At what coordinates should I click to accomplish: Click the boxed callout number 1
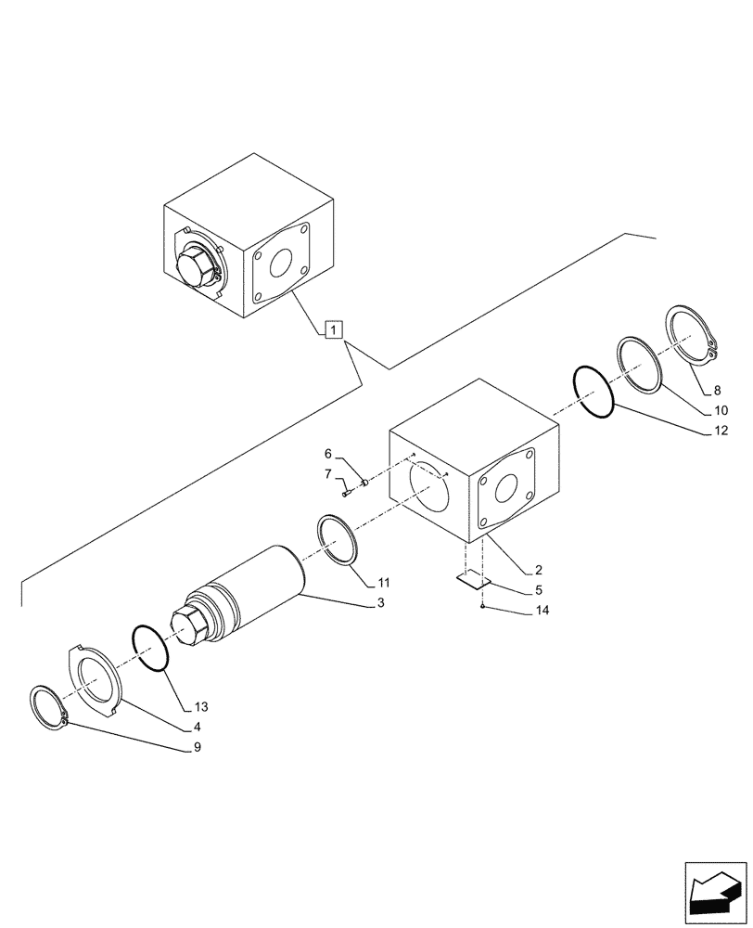pos(335,329)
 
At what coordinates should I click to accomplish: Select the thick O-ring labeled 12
pos(595,393)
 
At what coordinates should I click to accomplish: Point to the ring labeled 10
pos(640,363)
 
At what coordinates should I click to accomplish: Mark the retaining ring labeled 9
pos(48,709)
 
